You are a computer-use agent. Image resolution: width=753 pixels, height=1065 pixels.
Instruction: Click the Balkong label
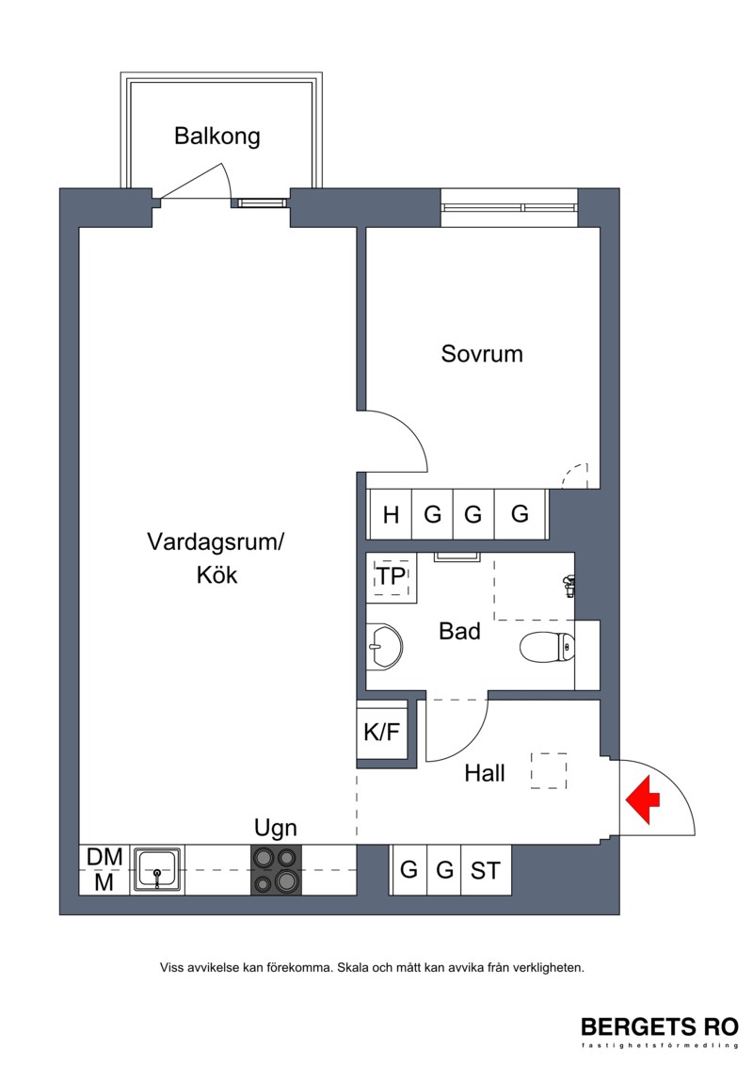click(217, 137)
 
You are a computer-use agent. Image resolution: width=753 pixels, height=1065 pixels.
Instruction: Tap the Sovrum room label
click(482, 354)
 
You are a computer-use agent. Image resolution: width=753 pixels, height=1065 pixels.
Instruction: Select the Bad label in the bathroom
click(459, 631)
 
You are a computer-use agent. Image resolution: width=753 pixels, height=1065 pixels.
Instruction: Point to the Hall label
click(485, 773)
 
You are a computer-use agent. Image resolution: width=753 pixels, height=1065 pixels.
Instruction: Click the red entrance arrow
click(642, 799)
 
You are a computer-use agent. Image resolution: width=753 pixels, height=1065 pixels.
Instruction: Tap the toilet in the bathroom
click(547, 647)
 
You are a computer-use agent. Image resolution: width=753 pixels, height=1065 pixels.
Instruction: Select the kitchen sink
click(157, 869)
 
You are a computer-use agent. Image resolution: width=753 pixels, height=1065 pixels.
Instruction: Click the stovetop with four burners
click(277, 870)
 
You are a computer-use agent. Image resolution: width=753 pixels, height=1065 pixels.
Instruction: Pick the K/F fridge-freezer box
click(382, 732)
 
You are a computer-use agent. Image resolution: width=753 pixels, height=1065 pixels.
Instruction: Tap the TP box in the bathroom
click(392, 577)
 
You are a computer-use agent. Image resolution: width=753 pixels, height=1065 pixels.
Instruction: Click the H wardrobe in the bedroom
click(391, 514)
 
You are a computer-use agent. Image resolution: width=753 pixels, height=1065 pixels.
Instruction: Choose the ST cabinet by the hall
click(486, 870)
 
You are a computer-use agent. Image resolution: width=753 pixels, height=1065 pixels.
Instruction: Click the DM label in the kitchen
click(104, 857)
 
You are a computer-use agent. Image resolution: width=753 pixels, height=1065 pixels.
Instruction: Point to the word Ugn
click(276, 829)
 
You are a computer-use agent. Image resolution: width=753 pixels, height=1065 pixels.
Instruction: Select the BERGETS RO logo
click(660, 1027)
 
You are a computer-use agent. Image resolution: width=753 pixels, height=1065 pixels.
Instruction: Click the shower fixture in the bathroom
click(569, 586)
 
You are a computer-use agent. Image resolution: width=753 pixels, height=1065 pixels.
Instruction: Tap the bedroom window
click(509, 207)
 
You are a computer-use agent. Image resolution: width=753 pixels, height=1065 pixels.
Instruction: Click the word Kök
click(217, 575)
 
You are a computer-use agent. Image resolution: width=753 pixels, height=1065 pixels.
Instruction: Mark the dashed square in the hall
click(549, 771)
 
